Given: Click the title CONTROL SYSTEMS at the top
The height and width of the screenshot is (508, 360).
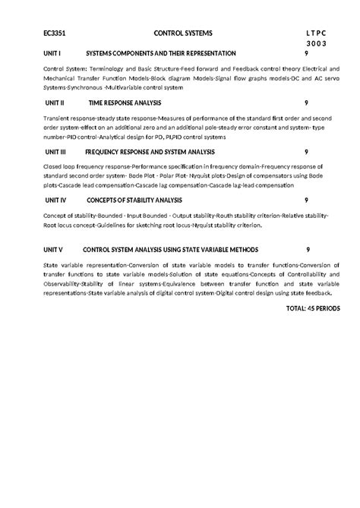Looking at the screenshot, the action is point(184,34).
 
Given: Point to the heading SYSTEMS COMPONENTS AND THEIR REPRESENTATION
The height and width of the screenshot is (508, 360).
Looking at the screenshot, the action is point(161,54).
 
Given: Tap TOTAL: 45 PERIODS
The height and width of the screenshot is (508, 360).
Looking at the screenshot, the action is point(313,309).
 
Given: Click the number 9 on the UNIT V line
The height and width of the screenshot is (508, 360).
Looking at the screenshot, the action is point(308,249).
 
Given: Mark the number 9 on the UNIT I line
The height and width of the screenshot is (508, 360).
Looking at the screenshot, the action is point(305,54).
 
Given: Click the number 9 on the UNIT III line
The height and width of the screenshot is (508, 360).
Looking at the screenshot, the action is point(305,151).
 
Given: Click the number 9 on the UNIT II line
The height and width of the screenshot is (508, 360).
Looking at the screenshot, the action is point(305,102).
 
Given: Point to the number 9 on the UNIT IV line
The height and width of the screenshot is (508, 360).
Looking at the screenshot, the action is point(305,200).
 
